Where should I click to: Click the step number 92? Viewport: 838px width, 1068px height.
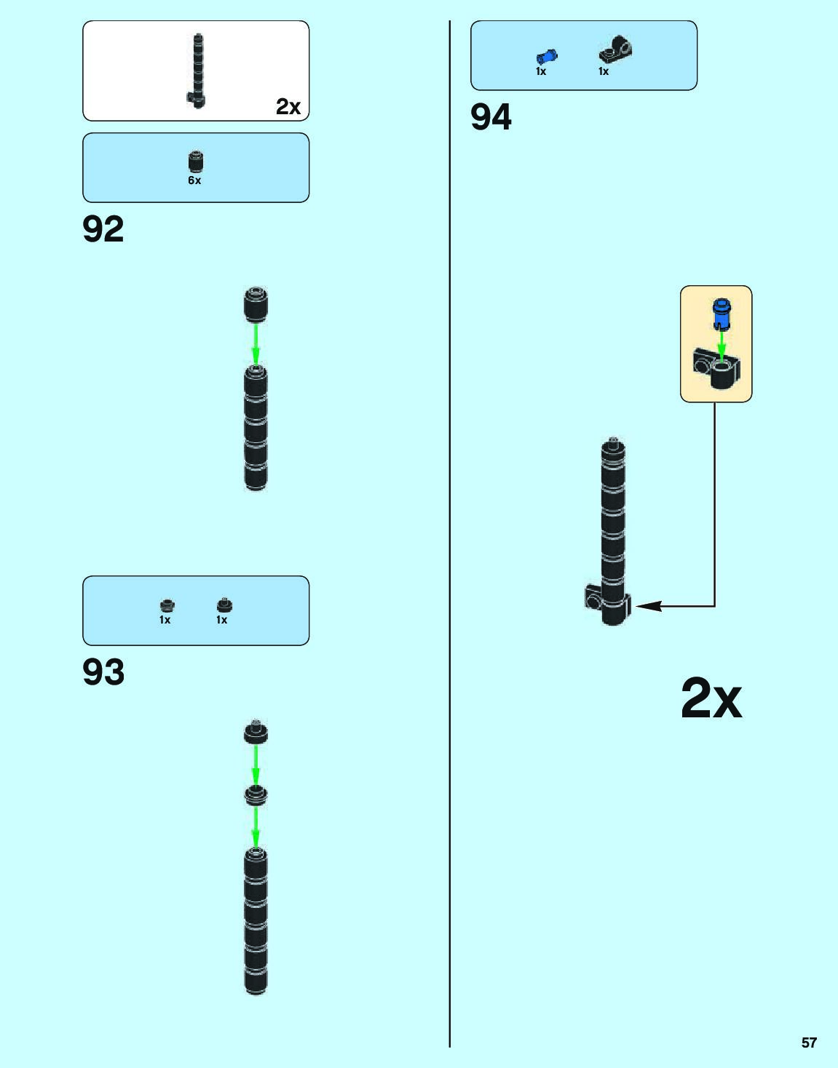pyautogui.click(x=103, y=229)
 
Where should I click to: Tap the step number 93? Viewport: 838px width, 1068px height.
pyautogui.click(x=103, y=672)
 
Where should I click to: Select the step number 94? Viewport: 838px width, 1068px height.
pyautogui.click(x=491, y=116)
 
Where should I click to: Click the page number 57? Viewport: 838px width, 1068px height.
pyautogui.click(x=809, y=1043)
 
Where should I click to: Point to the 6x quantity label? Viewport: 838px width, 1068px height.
pyautogui.click(x=194, y=180)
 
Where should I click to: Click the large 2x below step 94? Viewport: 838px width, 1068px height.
pyautogui.click(x=711, y=699)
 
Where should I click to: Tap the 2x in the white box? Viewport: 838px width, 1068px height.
pyautogui.click(x=288, y=107)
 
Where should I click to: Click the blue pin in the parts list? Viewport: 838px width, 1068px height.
pyautogui.click(x=546, y=56)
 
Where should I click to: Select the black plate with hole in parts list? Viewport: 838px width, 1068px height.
pyautogui.click(x=616, y=49)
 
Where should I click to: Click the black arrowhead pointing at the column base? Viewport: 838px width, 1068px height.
pyautogui.click(x=648, y=605)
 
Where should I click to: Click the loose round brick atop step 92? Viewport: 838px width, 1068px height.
pyautogui.click(x=256, y=303)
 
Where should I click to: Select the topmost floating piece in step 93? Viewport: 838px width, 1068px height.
pyautogui.click(x=256, y=732)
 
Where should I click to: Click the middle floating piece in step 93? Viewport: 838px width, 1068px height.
pyautogui.click(x=256, y=794)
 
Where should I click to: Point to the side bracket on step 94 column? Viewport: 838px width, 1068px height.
pyautogui.click(x=594, y=597)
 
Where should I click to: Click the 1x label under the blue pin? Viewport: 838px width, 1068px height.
pyautogui.click(x=541, y=71)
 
